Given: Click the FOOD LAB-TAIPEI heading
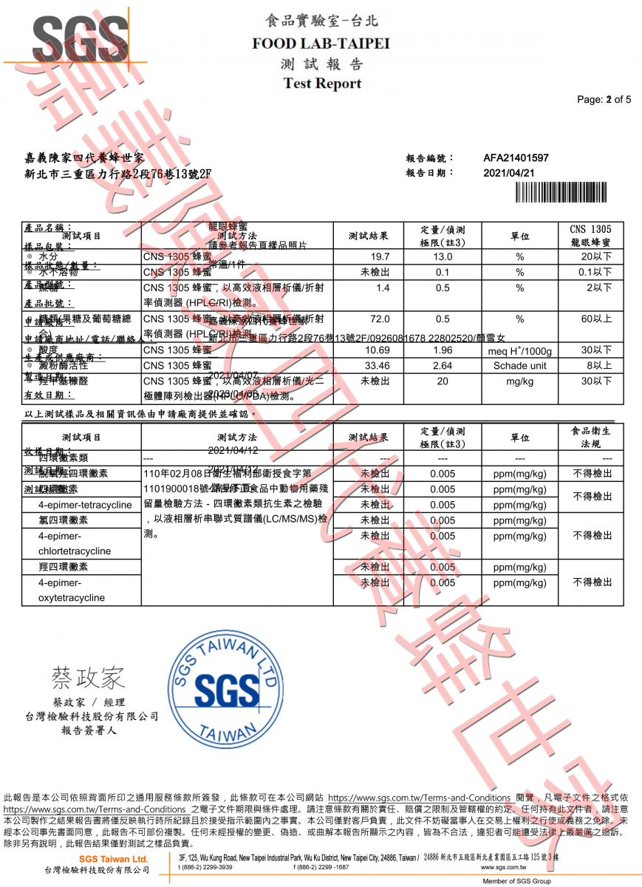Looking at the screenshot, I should coord(321,43).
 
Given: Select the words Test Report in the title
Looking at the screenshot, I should coord(322,84).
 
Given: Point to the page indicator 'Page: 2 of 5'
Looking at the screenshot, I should coord(604,100).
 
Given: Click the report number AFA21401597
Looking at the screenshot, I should coord(516,158).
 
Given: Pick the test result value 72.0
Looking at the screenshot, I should coord(380,319).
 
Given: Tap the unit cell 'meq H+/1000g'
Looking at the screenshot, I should coord(520,350).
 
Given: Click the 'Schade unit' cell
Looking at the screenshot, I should coord(520,365).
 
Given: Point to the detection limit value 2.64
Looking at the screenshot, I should coord(443,365).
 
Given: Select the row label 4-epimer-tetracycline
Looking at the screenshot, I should coord(81,505).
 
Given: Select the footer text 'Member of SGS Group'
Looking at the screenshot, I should coord(516,881).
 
